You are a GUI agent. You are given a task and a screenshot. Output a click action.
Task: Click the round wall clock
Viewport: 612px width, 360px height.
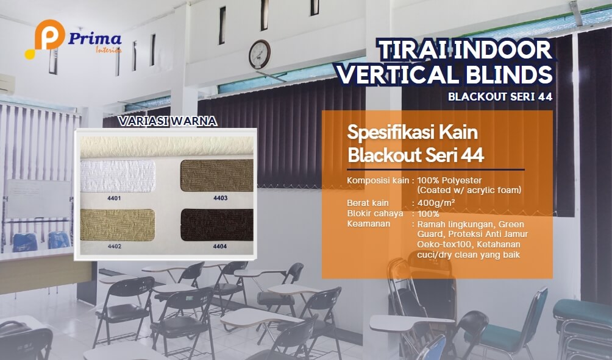pyautogui.click(x=260, y=54)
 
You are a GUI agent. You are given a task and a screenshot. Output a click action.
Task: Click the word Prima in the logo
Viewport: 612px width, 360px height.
pyautogui.click(x=95, y=39)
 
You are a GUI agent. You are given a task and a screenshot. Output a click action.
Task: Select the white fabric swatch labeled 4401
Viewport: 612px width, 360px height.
pyautogui.click(x=118, y=176)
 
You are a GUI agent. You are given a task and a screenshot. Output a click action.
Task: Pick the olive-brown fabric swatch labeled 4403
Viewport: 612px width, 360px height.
pyautogui.click(x=216, y=175)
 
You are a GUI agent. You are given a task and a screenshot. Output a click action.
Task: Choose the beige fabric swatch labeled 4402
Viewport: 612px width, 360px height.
pyautogui.click(x=118, y=225)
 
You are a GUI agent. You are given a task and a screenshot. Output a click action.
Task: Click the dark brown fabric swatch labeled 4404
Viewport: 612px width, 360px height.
pyautogui.click(x=216, y=225)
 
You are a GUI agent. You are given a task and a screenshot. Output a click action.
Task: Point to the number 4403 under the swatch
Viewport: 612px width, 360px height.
pyautogui.click(x=220, y=198)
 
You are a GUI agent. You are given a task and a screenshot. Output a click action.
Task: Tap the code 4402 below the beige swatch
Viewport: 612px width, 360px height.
pyautogui.click(x=115, y=247)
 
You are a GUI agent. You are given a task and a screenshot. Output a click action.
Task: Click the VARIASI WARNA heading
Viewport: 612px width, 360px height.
pyautogui.click(x=168, y=121)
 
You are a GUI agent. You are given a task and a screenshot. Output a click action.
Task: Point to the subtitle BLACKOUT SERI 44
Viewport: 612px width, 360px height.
pyautogui.click(x=500, y=97)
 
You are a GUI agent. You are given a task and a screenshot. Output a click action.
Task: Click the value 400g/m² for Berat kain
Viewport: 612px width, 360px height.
pyautogui.click(x=436, y=203)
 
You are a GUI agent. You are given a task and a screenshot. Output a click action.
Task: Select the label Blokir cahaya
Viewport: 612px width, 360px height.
pyautogui.click(x=375, y=213)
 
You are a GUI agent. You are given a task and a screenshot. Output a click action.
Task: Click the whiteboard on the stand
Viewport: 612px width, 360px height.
pyautogui.click(x=38, y=198)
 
